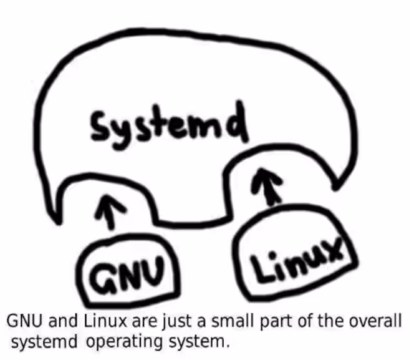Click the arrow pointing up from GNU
pyautogui.click(x=110, y=212)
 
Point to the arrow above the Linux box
pyautogui.click(x=267, y=186)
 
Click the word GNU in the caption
pyautogui.click(x=24, y=321)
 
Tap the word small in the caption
pyautogui.click(x=233, y=321)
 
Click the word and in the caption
pyautogui.click(x=63, y=321)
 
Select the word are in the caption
pyautogui.click(x=145, y=322)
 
